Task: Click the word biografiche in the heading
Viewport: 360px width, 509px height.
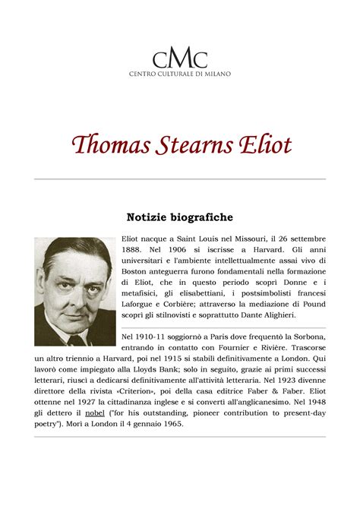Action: point(201,218)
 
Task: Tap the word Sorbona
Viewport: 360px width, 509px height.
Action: point(306,337)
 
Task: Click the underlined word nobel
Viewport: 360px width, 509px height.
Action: point(96,413)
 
